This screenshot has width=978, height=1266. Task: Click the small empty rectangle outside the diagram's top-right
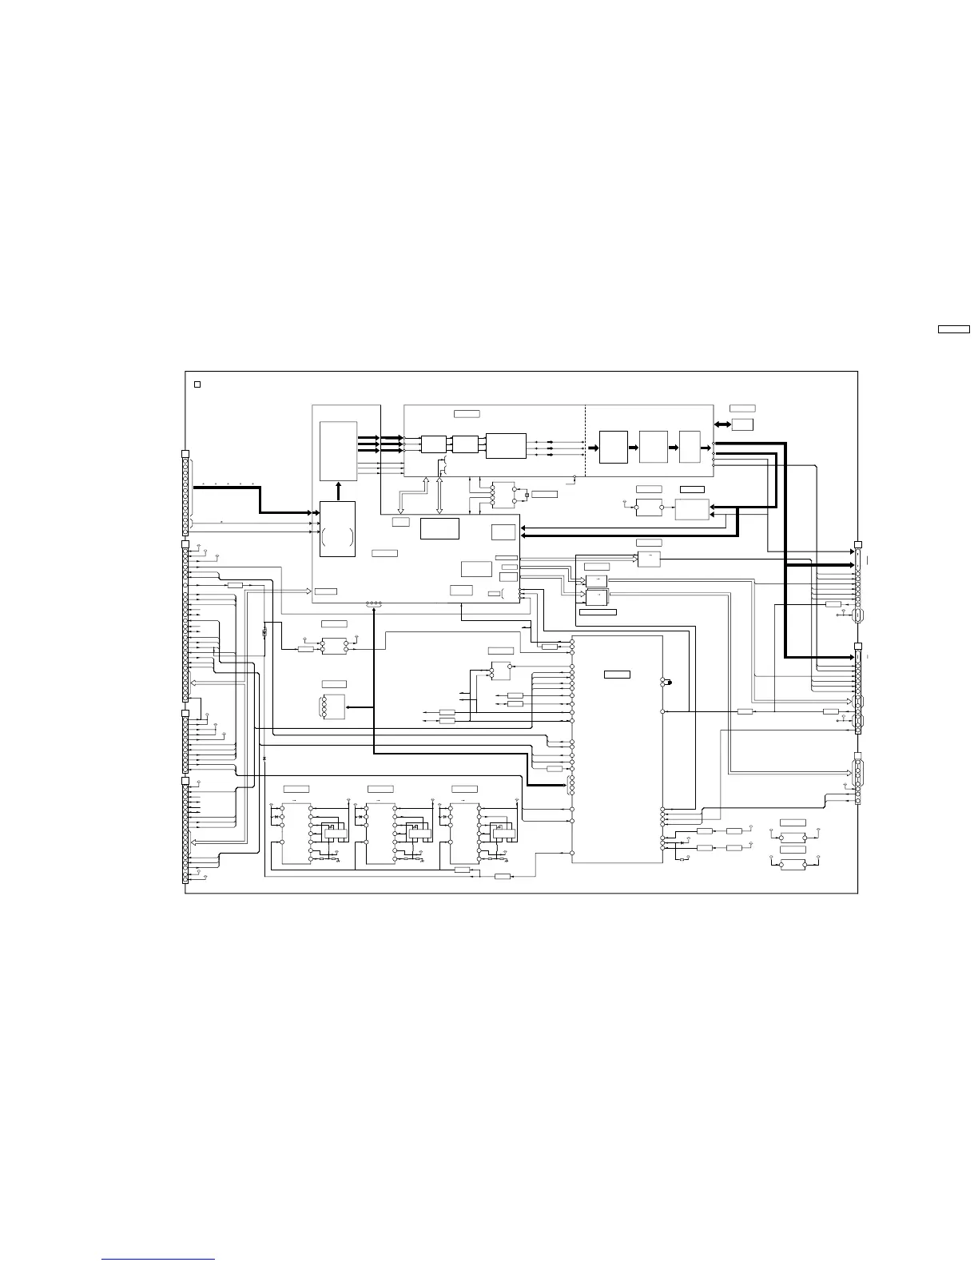[x=953, y=328]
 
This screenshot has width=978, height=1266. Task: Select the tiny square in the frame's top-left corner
[x=197, y=384]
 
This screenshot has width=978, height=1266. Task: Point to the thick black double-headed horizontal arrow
[x=722, y=424]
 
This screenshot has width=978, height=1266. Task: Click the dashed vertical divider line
[x=586, y=440]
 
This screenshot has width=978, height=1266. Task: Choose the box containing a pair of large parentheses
[x=337, y=529]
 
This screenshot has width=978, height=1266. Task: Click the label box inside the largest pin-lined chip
[x=617, y=675]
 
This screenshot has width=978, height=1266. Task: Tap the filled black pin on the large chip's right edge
[x=670, y=682]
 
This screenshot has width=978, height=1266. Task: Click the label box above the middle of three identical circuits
[x=380, y=789]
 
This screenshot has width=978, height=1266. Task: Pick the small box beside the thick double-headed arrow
[x=742, y=424]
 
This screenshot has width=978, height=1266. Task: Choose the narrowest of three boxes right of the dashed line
[x=689, y=446]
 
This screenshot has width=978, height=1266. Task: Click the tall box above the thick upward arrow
[x=338, y=451]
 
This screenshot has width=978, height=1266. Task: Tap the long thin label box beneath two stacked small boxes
[x=597, y=611]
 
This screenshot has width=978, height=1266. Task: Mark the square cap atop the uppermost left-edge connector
[x=185, y=454]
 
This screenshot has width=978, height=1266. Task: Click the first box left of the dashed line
[x=506, y=445]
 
